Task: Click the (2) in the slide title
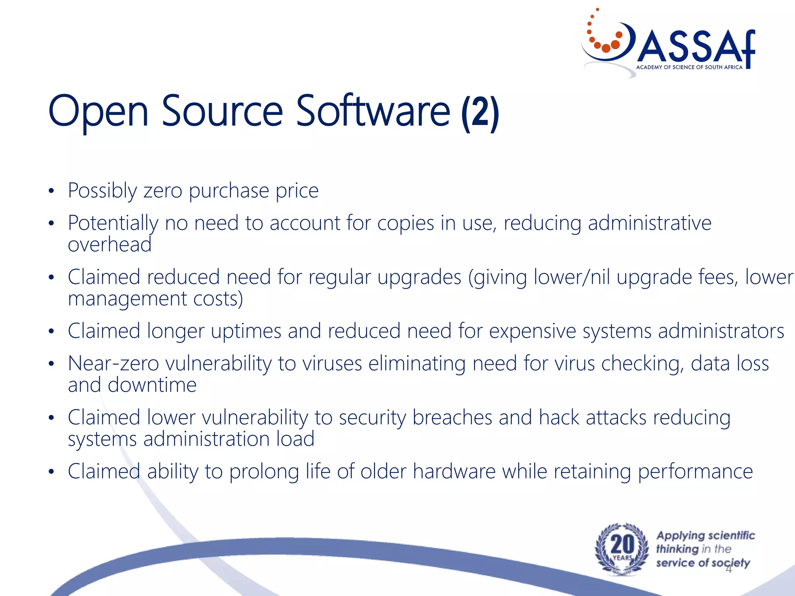click(x=480, y=113)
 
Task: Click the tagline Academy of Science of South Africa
click(x=689, y=67)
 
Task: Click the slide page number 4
click(x=728, y=569)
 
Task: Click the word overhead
click(x=109, y=244)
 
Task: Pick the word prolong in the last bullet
click(x=264, y=472)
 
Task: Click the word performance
click(x=695, y=472)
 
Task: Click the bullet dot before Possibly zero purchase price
click(x=51, y=191)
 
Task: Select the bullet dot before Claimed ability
click(x=51, y=472)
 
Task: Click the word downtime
click(x=152, y=385)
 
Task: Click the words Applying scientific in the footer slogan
click(x=705, y=535)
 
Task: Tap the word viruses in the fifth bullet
click(x=332, y=364)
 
